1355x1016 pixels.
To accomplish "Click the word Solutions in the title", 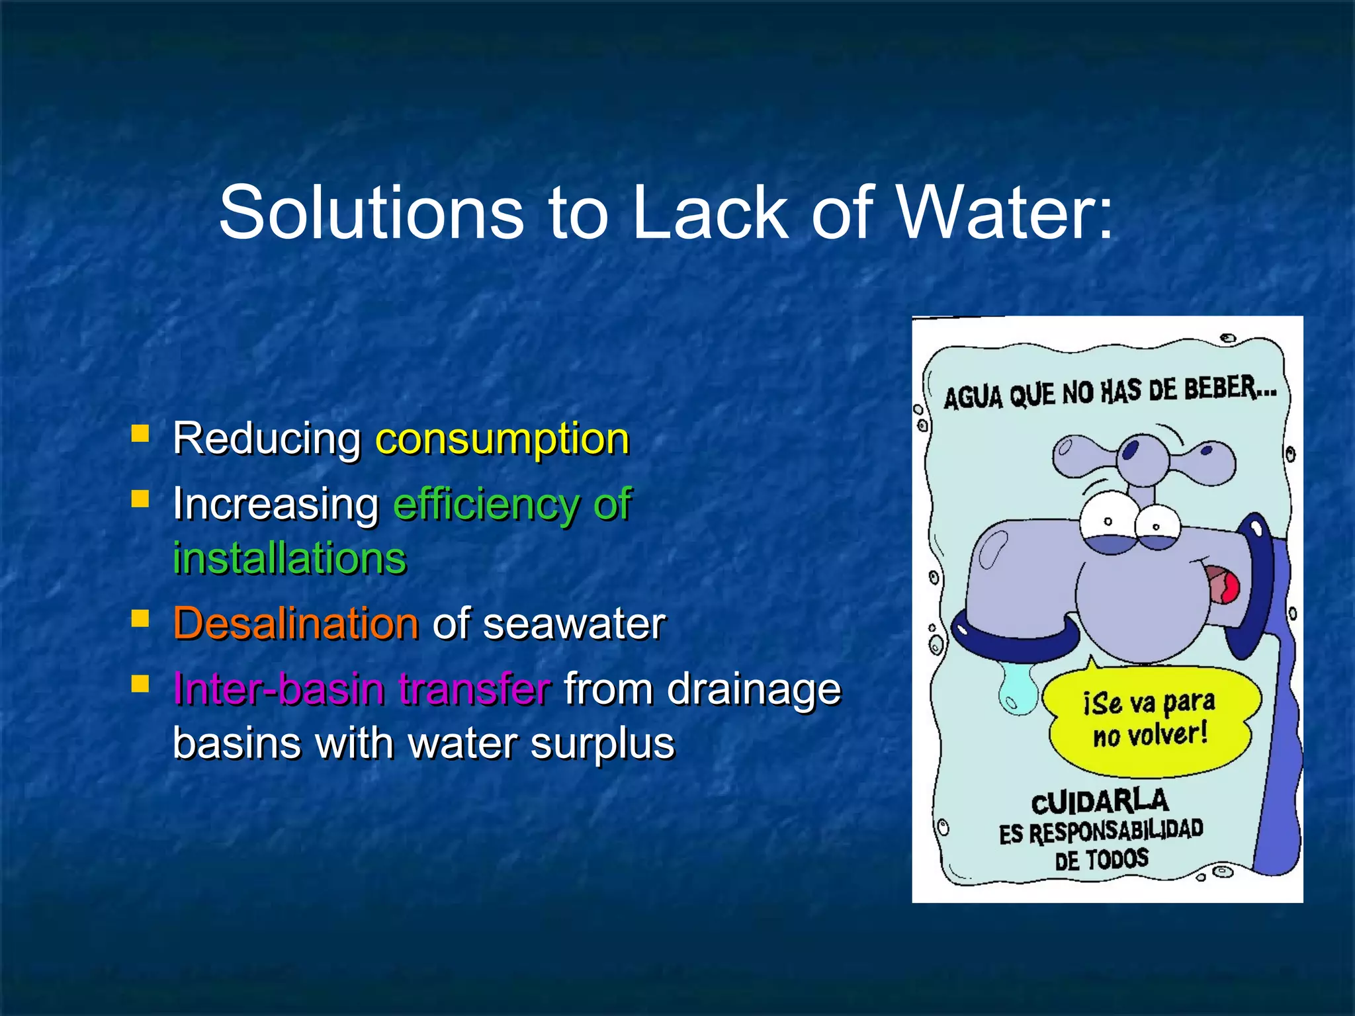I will coord(371,213).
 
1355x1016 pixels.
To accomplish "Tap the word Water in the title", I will coord(1006,213).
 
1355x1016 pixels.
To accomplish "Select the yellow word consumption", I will coord(502,439).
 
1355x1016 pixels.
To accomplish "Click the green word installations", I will coord(289,558).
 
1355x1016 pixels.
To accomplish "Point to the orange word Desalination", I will coord(296,624).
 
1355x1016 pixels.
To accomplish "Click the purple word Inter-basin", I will coord(278,689).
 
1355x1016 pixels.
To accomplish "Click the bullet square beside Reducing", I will coord(140,434).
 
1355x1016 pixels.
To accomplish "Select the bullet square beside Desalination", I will coord(140,619).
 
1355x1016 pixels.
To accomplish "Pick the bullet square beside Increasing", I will coord(140,499).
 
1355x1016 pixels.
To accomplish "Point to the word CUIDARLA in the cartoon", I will coord(1100,802).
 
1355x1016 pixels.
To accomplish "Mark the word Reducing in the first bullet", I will coord(267,439).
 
